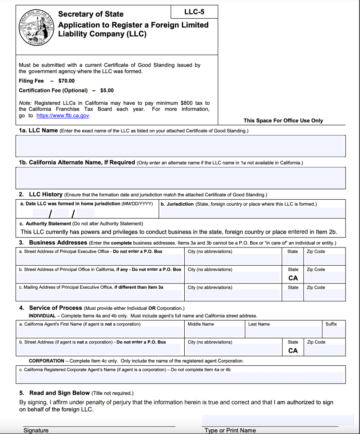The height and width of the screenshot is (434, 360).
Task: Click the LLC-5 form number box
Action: coord(194,12)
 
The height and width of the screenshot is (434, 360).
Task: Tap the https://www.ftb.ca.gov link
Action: coord(63,115)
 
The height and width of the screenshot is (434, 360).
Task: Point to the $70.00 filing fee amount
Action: coord(66,81)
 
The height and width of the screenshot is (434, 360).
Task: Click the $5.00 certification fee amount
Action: coord(107,90)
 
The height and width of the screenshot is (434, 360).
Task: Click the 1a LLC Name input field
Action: coord(180,146)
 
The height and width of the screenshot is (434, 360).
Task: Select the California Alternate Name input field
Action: coord(180,178)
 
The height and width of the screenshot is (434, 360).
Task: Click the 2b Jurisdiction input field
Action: coord(252,213)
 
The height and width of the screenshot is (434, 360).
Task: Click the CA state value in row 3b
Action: coord(293,278)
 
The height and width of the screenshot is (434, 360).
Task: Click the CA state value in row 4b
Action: coord(293,351)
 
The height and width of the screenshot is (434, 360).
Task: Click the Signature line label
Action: coord(36,430)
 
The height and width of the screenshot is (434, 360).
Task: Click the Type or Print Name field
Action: coord(277,420)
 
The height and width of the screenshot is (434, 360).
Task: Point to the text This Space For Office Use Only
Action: coord(283,121)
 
